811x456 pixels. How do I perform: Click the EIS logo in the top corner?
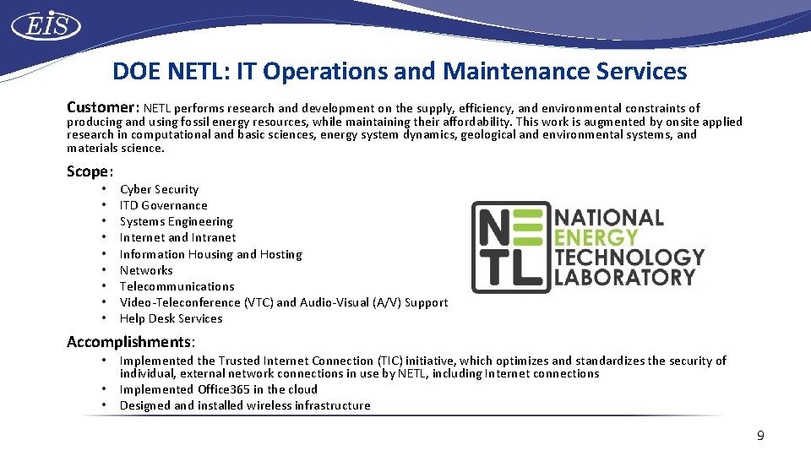click(46, 26)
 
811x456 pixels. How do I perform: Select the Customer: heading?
click(103, 107)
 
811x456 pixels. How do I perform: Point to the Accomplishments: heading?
click(131, 341)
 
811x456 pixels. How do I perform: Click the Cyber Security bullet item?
click(159, 189)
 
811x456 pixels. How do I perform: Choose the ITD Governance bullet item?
click(163, 205)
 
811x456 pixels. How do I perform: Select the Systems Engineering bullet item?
click(176, 221)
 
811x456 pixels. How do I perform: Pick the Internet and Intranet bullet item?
click(177, 237)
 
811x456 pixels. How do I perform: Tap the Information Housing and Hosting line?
click(210, 254)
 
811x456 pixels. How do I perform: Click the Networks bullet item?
click(146, 270)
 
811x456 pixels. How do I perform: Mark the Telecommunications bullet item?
click(177, 286)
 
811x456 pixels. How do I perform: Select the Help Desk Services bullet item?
click(171, 318)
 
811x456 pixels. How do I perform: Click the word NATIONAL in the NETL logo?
click(609, 218)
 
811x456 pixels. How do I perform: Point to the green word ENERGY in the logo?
click(596, 237)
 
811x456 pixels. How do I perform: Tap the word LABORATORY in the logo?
click(625, 276)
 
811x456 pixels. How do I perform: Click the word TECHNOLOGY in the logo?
click(629, 257)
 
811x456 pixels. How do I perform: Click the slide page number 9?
click(760, 436)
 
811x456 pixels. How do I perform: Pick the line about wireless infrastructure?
click(245, 405)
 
